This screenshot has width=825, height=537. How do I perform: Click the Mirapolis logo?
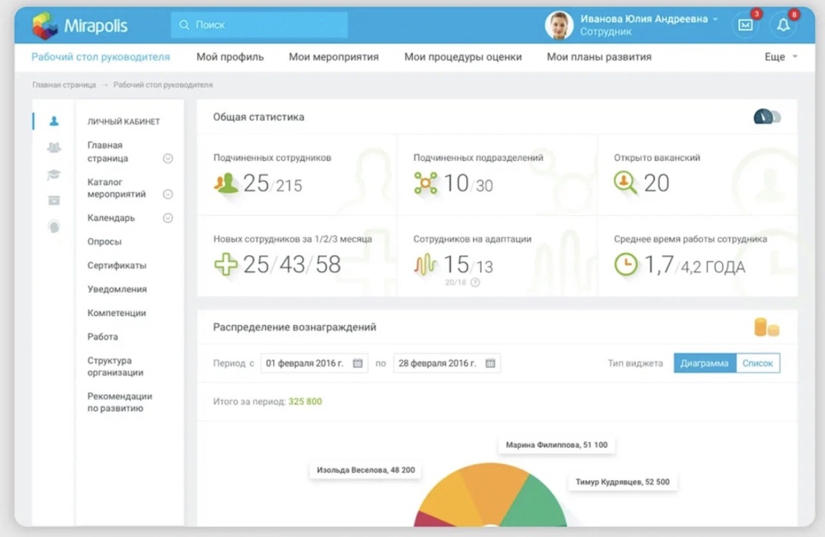(x=80, y=25)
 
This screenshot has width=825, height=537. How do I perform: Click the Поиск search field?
(x=259, y=25)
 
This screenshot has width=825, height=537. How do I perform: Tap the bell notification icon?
(x=783, y=25)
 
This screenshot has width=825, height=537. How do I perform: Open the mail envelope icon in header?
(x=745, y=25)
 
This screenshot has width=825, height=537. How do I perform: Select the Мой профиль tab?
(x=230, y=56)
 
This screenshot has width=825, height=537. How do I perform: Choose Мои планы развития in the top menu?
(x=599, y=56)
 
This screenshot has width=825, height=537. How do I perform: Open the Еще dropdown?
(x=781, y=56)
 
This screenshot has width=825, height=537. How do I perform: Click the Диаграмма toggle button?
(x=705, y=363)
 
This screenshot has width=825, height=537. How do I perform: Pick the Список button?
(x=758, y=363)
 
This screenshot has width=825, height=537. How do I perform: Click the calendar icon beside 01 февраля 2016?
(x=357, y=363)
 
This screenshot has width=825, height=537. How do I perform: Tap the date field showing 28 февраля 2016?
(x=446, y=363)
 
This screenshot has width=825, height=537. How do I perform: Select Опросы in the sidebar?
(x=104, y=241)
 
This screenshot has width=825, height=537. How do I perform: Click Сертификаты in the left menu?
(x=117, y=265)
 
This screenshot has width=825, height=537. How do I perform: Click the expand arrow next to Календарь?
(x=168, y=218)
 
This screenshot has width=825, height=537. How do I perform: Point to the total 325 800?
(x=305, y=402)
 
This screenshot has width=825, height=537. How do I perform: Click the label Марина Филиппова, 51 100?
(x=556, y=445)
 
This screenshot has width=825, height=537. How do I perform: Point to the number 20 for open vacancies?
(x=657, y=183)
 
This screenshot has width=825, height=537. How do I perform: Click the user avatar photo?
(x=559, y=25)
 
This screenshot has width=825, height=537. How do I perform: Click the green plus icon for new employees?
(x=225, y=264)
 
